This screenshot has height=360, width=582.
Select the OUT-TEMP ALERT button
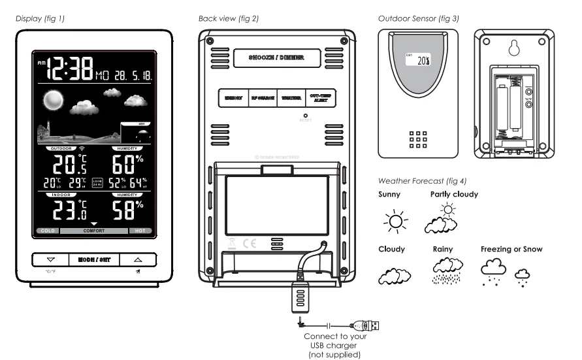[319, 98]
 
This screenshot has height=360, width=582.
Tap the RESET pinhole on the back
[305, 116]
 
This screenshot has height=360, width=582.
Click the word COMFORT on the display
[93, 231]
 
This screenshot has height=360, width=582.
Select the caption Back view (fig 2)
[229, 18]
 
